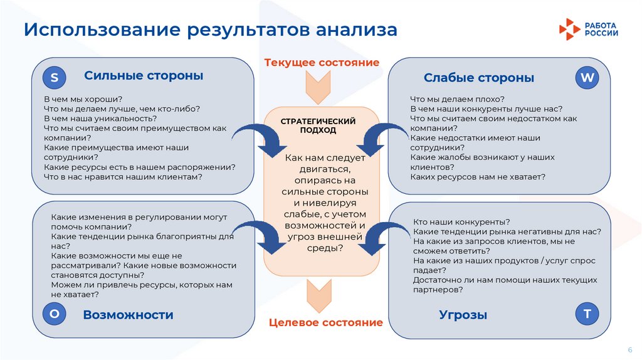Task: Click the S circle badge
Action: (55, 78)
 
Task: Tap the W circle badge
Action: (587, 78)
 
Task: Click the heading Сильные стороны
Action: (144, 76)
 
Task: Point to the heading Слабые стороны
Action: (479, 78)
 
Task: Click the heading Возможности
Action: (128, 315)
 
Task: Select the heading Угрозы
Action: (463, 315)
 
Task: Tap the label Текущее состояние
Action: (322, 63)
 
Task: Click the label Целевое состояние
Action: (325, 322)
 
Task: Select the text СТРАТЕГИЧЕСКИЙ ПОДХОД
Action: (318, 125)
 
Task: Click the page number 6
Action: (629, 349)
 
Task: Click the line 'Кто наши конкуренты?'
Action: (461, 222)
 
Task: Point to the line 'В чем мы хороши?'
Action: (83, 99)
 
